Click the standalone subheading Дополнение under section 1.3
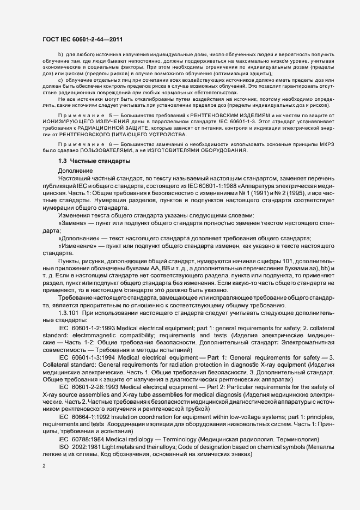point(75,171)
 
